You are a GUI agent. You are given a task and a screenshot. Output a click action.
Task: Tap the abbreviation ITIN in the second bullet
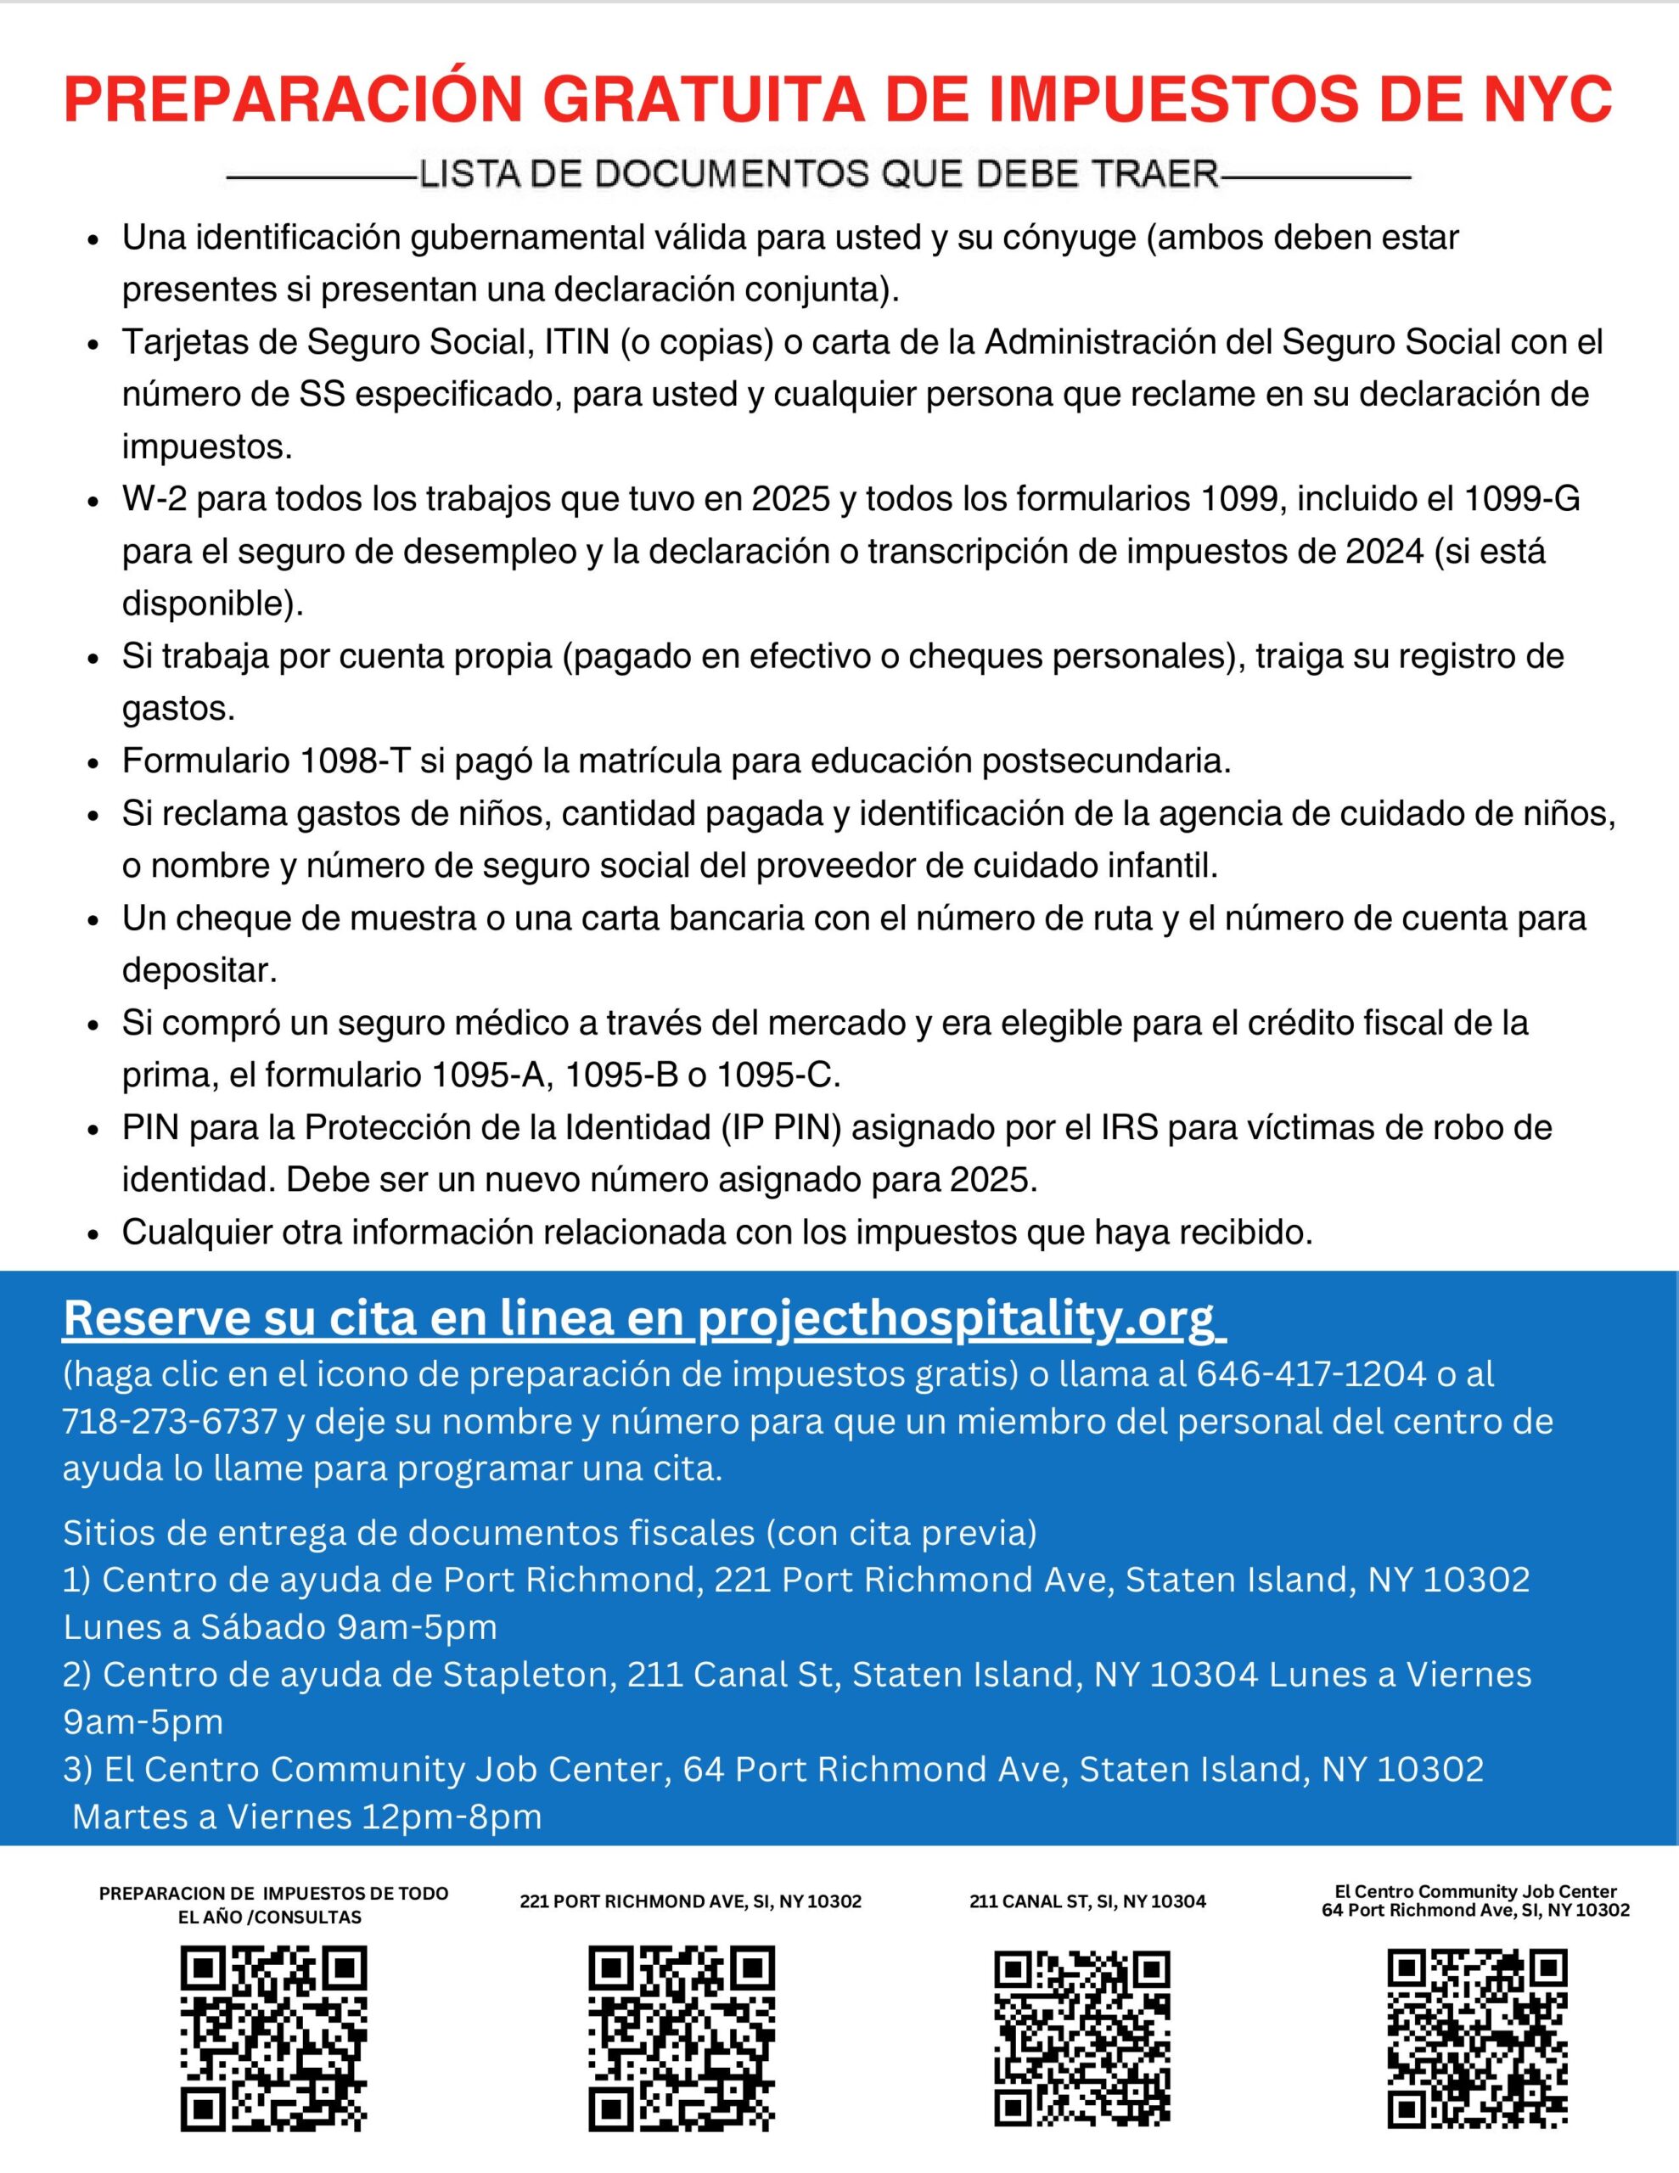pyautogui.click(x=576, y=341)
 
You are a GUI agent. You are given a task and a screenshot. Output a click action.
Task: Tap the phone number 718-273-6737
pyautogui.click(x=169, y=1422)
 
